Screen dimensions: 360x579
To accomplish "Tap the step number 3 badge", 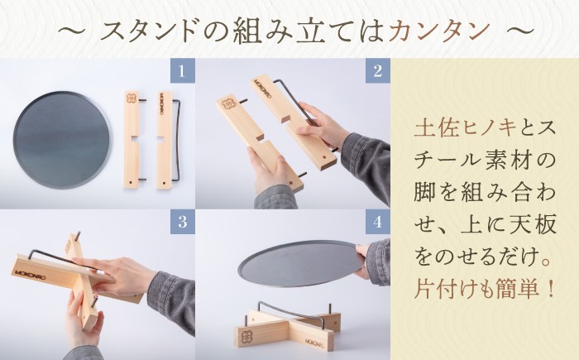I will click(180, 222).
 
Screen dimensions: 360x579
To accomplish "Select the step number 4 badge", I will click(376, 222).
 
